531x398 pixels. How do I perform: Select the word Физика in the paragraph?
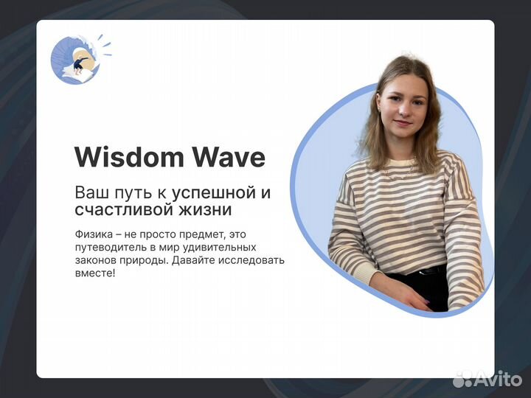point(91,234)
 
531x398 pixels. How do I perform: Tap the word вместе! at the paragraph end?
point(95,273)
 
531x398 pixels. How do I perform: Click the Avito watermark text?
point(497,379)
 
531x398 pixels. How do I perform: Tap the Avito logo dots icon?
point(462,379)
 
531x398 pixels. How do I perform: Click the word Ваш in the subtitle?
point(90,193)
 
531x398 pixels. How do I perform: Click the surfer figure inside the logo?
point(79,65)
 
